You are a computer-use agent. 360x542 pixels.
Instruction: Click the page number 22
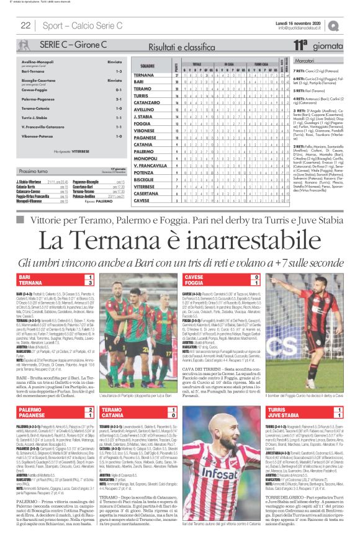click(26, 25)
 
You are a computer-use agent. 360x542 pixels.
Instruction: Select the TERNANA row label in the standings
click(143, 75)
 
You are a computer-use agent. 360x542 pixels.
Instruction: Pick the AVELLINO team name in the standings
click(143, 109)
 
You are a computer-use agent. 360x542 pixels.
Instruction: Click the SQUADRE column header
click(148, 64)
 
